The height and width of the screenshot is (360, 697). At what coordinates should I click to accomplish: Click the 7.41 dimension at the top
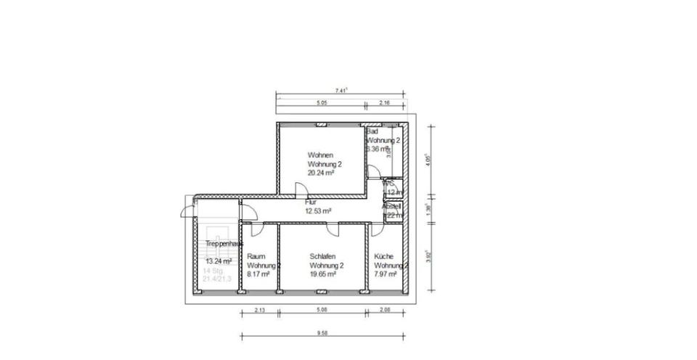click(341, 90)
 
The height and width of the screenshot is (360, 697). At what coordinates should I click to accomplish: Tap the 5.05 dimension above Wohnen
click(322, 103)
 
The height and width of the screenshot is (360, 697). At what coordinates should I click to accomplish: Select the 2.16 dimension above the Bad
click(385, 103)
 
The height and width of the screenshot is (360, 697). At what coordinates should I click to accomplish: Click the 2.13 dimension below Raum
click(259, 310)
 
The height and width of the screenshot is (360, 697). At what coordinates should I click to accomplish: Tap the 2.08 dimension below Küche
click(386, 310)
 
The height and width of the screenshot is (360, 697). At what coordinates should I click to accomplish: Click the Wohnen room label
click(320, 155)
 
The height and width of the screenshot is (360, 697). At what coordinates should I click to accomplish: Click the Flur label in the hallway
click(311, 202)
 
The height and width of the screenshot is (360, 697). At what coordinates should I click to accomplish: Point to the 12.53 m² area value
click(318, 211)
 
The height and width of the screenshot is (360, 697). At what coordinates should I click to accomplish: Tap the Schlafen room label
click(322, 256)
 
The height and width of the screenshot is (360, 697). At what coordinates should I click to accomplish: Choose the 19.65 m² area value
click(322, 274)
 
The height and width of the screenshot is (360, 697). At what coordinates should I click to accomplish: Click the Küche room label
click(383, 256)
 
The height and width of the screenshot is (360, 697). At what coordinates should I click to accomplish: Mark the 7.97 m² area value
click(385, 274)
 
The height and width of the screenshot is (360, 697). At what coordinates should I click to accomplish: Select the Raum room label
click(256, 256)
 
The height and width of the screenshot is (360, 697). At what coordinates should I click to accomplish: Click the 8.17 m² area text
click(259, 274)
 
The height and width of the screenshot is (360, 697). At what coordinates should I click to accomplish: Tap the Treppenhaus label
click(223, 244)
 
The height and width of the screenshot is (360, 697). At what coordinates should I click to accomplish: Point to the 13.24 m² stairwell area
click(219, 261)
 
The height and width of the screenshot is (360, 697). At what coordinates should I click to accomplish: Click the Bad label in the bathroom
click(372, 131)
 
